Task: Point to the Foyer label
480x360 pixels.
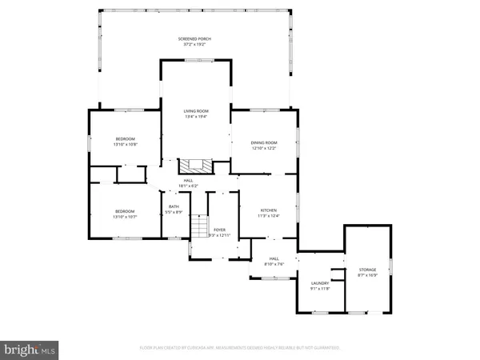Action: [x=219, y=230]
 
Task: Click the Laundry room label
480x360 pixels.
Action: [x=320, y=282]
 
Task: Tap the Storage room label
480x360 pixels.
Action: [x=367, y=270]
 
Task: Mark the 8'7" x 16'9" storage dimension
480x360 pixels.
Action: [x=367, y=275]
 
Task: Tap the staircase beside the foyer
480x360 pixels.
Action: [x=198, y=230]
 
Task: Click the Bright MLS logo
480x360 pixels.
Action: [x=30, y=349]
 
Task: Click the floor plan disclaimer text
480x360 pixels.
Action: [x=240, y=348]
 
